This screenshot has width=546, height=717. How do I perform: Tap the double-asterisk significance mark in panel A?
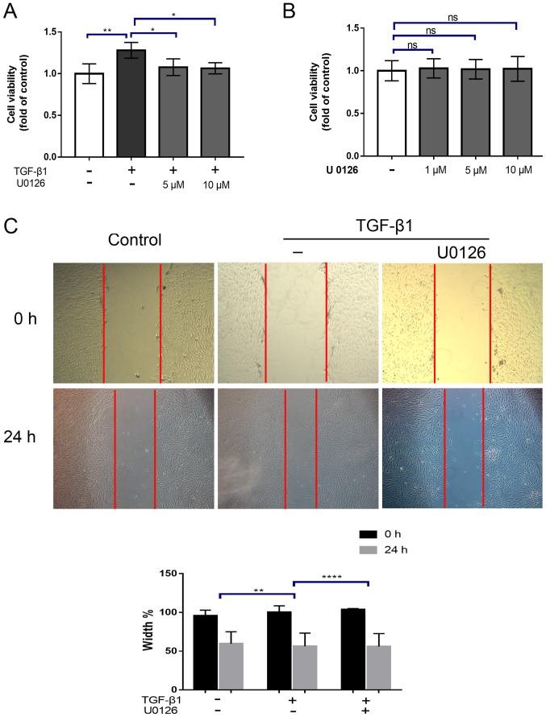[107, 30]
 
